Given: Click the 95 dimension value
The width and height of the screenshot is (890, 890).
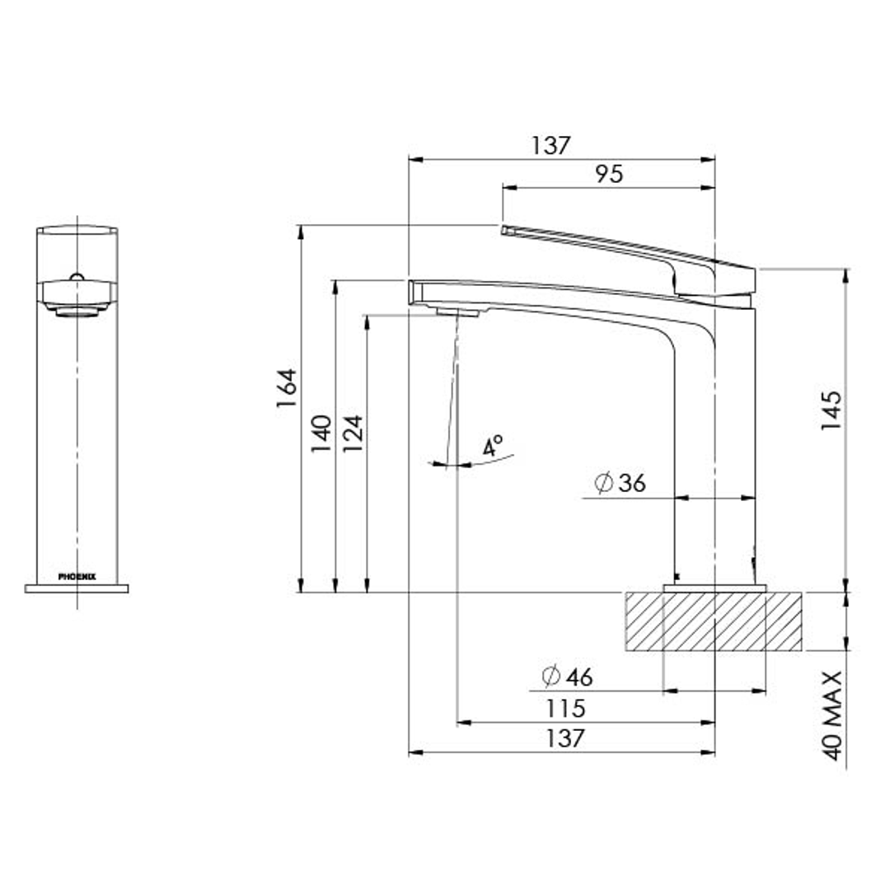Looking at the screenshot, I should coord(609,174).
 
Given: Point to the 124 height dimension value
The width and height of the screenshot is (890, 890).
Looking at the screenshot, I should coord(352,433).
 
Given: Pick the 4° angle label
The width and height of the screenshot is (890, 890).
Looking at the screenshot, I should coord(493,447).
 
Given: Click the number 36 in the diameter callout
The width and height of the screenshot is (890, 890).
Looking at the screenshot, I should coord(632,484).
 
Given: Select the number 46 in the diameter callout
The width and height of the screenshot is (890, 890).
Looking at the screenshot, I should coord(579,677).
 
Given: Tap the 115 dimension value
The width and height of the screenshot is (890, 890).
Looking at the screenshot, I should coord(565,708).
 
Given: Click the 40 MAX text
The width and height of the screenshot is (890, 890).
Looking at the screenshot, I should coord(832,714).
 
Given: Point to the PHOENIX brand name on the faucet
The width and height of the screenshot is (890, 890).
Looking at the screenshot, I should coord(77,577).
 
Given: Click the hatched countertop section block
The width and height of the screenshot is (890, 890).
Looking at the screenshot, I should coord(714,621).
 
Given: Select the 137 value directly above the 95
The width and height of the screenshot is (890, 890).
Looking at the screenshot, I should coord(550,146).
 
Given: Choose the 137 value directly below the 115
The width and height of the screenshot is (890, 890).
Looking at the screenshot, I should coord(565,738).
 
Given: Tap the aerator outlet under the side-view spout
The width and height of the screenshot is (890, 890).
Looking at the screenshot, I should coord(456,311).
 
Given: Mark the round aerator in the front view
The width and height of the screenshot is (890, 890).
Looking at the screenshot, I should coord(77,311).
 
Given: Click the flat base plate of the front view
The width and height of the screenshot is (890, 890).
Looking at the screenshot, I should coord(77,588).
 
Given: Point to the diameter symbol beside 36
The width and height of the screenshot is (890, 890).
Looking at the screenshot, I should coord(604,484).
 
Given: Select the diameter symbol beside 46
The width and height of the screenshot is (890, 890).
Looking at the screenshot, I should coord(551,677).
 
